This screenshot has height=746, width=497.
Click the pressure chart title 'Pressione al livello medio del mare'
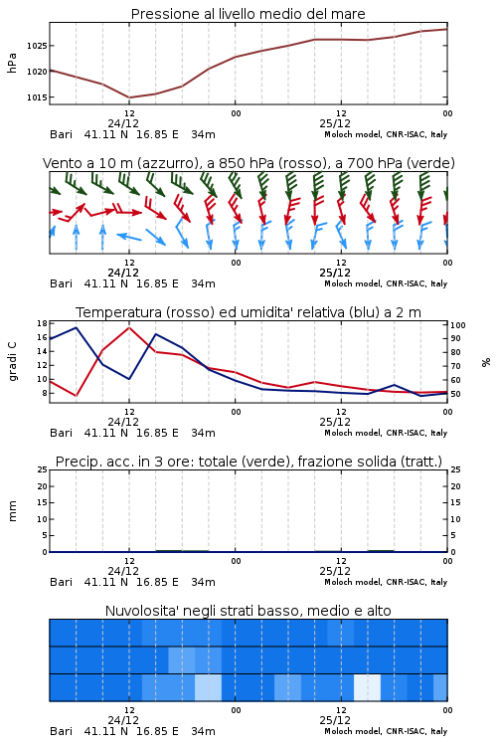pyautogui.click(x=248, y=14)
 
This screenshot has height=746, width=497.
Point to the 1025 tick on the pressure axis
pyautogui.click(x=37, y=46)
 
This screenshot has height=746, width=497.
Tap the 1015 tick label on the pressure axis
pyautogui.click(x=37, y=97)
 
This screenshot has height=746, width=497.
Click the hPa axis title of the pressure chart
pyautogui.click(x=12, y=63)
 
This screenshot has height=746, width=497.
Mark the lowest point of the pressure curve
pyautogui.click(x=129, y=97)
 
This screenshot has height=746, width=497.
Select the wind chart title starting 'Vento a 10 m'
pyautogui.click(x=248, y=163)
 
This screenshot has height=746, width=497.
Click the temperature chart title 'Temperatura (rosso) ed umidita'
pyautogui.click(x=248, y=312)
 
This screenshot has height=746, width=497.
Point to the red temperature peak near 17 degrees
pyautogui.click(x=129, y=327)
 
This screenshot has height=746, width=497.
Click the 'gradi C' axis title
pyautogui.click(x=13, y=362)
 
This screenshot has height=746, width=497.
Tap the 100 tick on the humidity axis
pyautogui.click(x=458, y=325)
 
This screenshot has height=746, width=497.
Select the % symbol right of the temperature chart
pyautogui.click(x=486, y=362)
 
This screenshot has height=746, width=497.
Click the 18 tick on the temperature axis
pyautogui.click(x=42, y=323)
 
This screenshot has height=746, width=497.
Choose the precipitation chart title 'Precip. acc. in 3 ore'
pyautogui.click(x=248, y=462)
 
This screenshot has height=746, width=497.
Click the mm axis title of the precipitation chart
pyautogui.click(x=12, y=511)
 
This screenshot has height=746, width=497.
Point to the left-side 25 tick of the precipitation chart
pyautogui.click(x=42, y=469)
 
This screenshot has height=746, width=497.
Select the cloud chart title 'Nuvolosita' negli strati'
pyautogui.click(x=248, y=611)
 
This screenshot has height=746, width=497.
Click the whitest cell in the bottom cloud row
pyautogui.click(x=367, y=687)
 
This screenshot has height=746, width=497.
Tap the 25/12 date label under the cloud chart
pyautogui.click(x=335, y=720)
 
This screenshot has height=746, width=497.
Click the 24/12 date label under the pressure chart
pyautogui.click(x=123, y=123)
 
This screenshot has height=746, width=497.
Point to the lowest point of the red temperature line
pyautogui.click(x=77, y=396)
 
